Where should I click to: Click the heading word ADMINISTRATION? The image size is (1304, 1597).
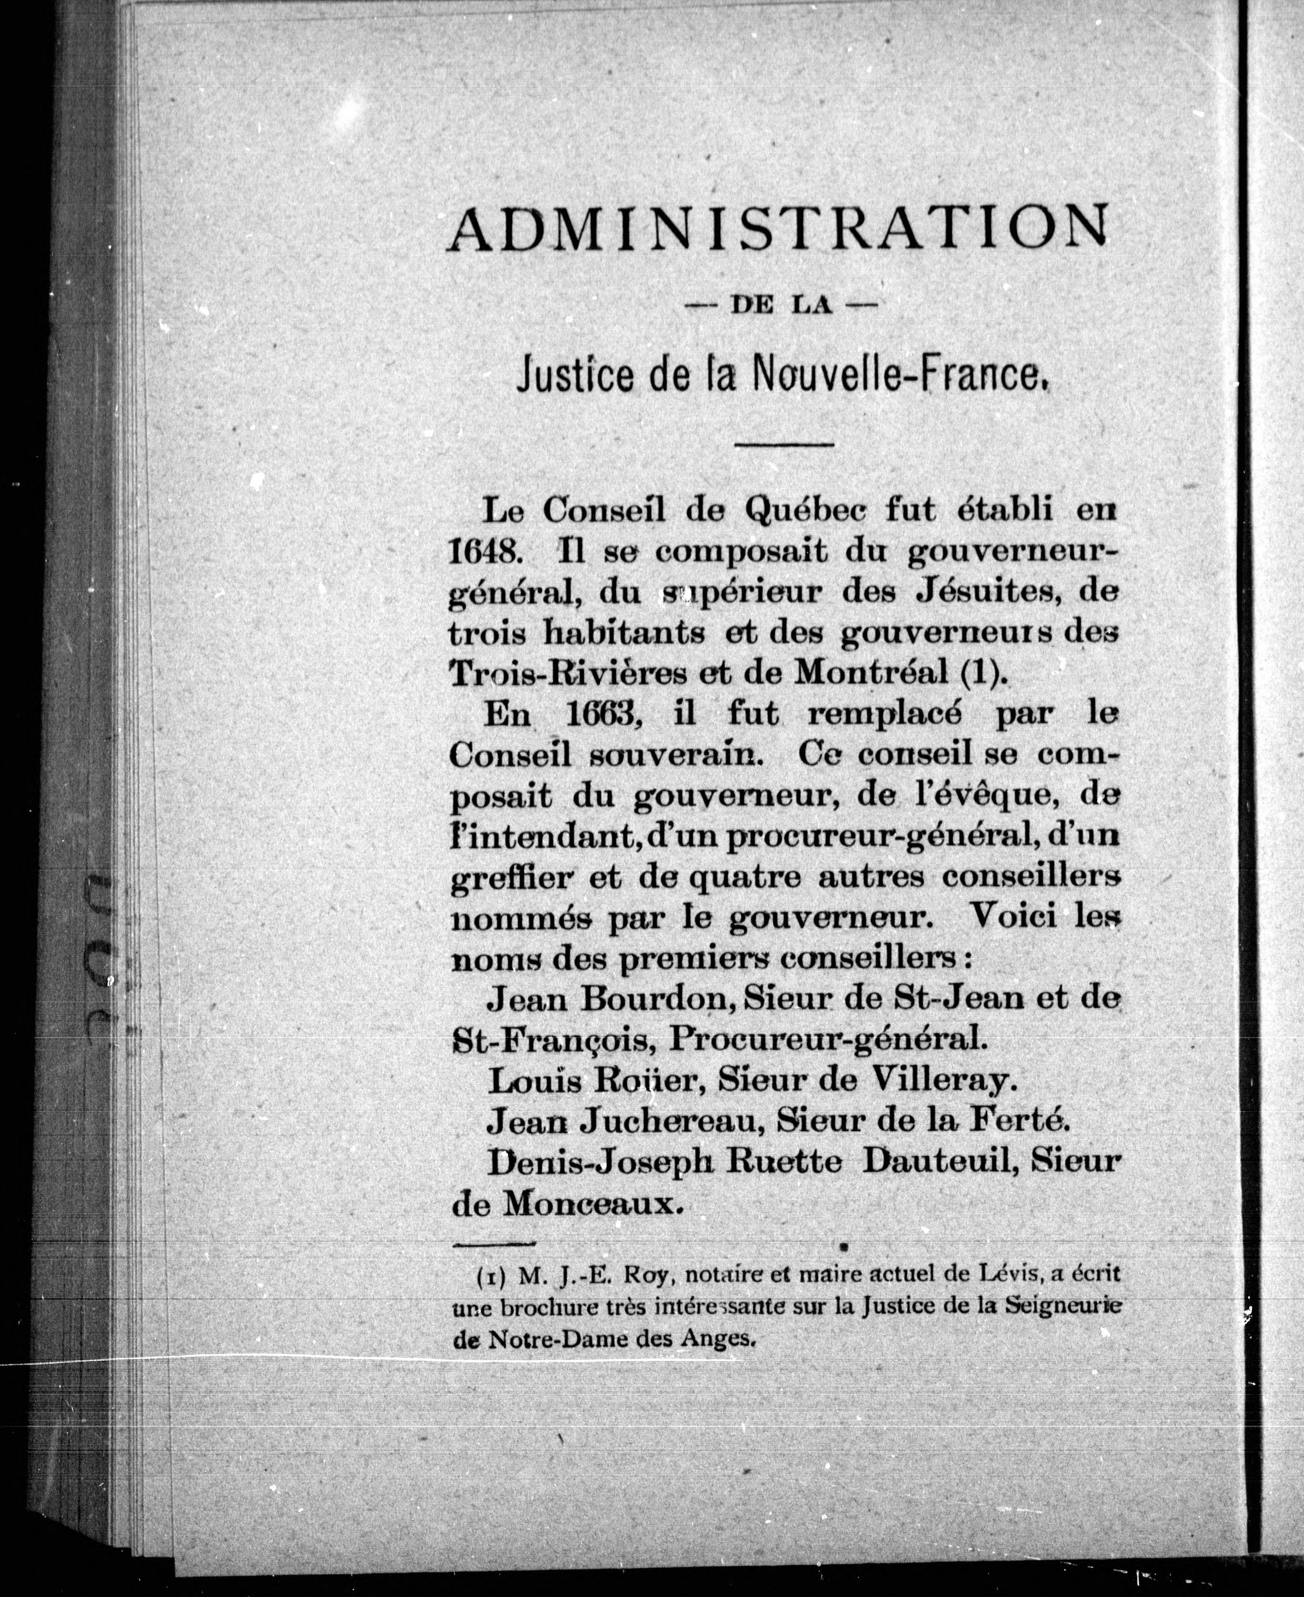[777, 227]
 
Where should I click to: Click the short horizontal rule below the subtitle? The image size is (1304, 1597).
[784, 445]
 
